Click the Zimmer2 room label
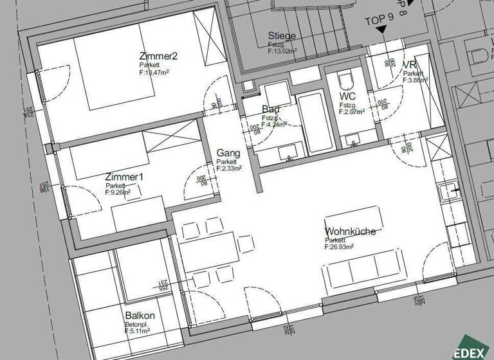tap(158, 56)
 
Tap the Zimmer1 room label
tap(124, 177)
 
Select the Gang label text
tap(228, 153)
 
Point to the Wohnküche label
tap(350, 231)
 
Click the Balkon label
tap(140, 316)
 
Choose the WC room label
tap(348, 96)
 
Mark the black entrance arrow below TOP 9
tap(381, 30)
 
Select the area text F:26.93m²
tap(345, 247)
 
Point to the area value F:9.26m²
tap(118, 192)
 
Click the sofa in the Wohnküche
tap(363, 275)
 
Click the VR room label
tap(409, 65)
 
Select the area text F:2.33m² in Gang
tap(229, 168)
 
